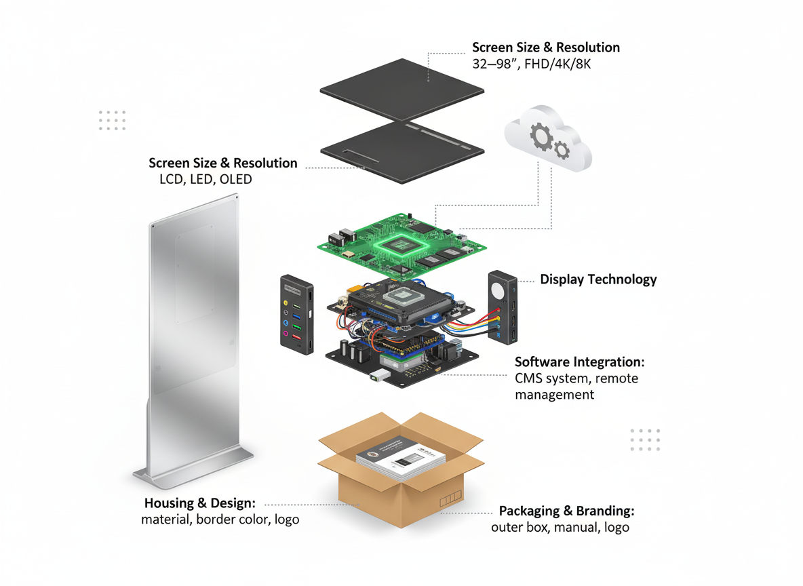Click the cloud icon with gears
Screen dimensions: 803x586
[x=548, y=138]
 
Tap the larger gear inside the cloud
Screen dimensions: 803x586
[x=541, y=136]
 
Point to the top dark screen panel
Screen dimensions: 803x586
[x=402, y=90]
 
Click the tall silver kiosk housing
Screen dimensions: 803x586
[x=193, y=340]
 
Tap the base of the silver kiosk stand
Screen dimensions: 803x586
[x=193, y=467]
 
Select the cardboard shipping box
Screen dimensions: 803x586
[x=401, y=469]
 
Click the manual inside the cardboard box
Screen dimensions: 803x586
[x=400, y=458]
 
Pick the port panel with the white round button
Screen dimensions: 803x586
[x=503, y=307]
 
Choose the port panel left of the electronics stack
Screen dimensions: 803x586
[x=297, y=315]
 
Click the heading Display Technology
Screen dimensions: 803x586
[x=598, y=279]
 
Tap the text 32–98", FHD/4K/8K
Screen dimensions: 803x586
[x=532, y=64]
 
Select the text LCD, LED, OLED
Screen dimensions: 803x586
[x=206, y=179]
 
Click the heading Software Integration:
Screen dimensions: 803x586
[x=580, y=362]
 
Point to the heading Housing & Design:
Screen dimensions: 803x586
[x=199, y=503]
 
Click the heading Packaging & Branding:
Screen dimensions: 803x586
[x=567, y=511]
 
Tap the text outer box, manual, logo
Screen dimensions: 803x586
[x=560, y=527]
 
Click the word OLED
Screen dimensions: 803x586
[x=235, y=179]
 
